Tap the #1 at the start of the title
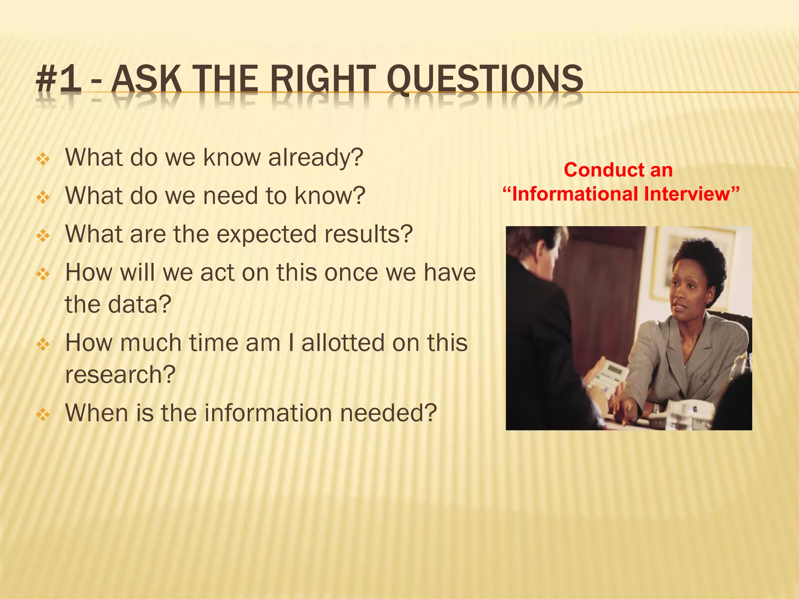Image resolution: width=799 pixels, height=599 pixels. click(59, 80)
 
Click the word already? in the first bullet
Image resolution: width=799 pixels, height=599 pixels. click(316, 158)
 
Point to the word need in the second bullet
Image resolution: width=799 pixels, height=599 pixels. click(231, 196)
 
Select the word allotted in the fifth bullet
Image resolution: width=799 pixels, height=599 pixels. click(342, 343)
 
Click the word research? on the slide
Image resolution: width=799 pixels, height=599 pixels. click(120, 375)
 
